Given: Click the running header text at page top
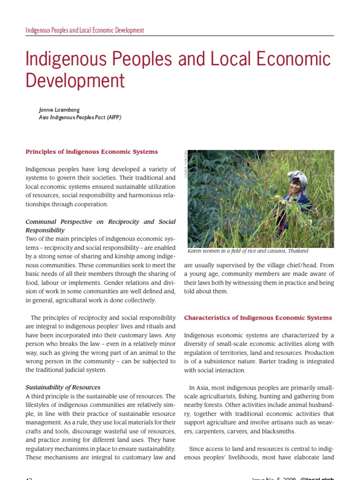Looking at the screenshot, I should pyautogui.click(x=85, y=30).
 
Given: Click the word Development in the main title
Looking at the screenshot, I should pyautogui.click(x=75, y=81).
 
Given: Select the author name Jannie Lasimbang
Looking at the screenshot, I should pyautogui.click(x=59, y=110).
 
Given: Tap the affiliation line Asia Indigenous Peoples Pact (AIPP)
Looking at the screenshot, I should pyautogui.click(x=80, y=118).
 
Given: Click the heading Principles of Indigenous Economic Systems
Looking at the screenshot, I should pyautogui.click(x=91, y=152).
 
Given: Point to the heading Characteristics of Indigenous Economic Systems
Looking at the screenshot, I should pyautogui.click(x=258, y=318).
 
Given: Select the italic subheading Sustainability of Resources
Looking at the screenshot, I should pyautogui.click(x=63, y=387).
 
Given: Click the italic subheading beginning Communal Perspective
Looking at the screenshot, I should pyautogui.click(x=100, y=221).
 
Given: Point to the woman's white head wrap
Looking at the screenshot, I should pyautogui.click(x=298, y=177).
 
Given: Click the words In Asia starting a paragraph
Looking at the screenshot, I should pyautogui.click(x=199, y=388).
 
